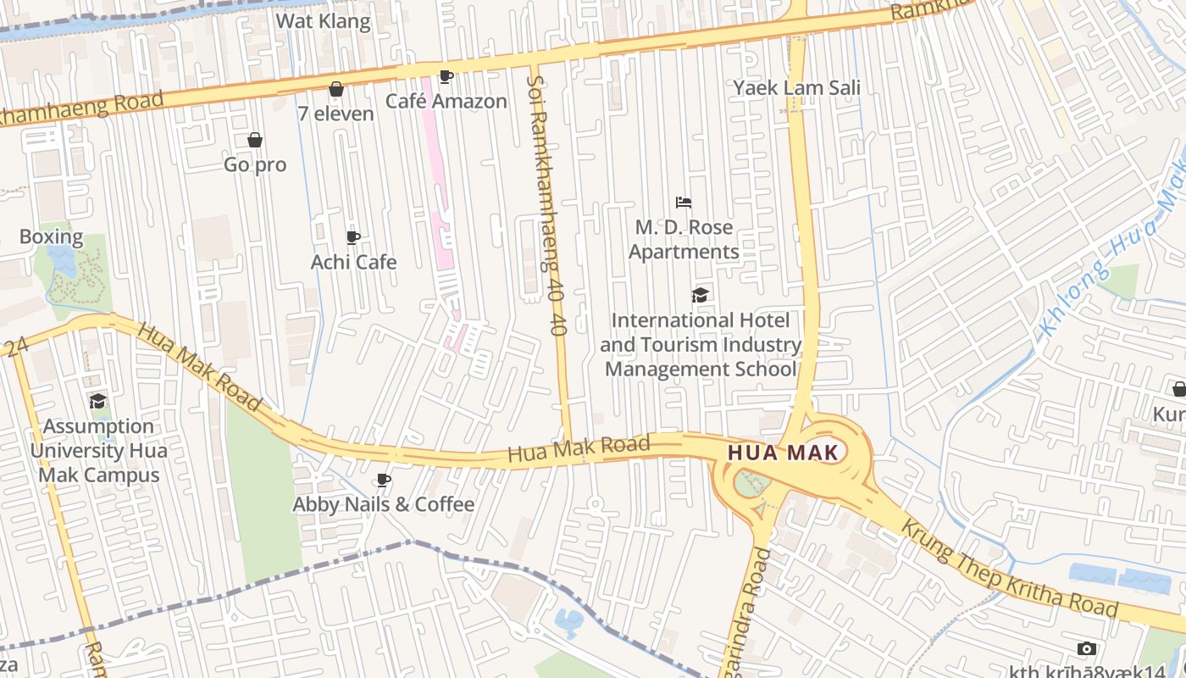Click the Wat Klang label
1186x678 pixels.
point(324,21)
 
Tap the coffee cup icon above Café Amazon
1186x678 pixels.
point(446,77)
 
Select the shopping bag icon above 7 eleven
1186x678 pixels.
point(336,89)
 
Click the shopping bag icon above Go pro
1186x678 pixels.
point(255,140)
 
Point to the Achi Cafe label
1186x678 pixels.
point(353,262)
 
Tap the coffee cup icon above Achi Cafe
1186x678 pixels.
point(353,237)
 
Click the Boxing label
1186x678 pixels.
point(51,236)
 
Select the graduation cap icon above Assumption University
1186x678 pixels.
point(98,401)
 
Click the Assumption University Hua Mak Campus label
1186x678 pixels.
point(98,450)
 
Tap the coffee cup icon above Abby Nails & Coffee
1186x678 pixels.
point(384,481)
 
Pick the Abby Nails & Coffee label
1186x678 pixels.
point(383,504)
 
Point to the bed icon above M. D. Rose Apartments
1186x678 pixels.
point(684,203)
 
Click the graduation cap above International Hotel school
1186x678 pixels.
point(700,295)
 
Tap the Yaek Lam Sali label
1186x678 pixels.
point(796,87)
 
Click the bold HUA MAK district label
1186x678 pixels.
point(783,453)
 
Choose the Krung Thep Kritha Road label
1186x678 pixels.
point(1008,569)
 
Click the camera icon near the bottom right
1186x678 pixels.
point(1087,648)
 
